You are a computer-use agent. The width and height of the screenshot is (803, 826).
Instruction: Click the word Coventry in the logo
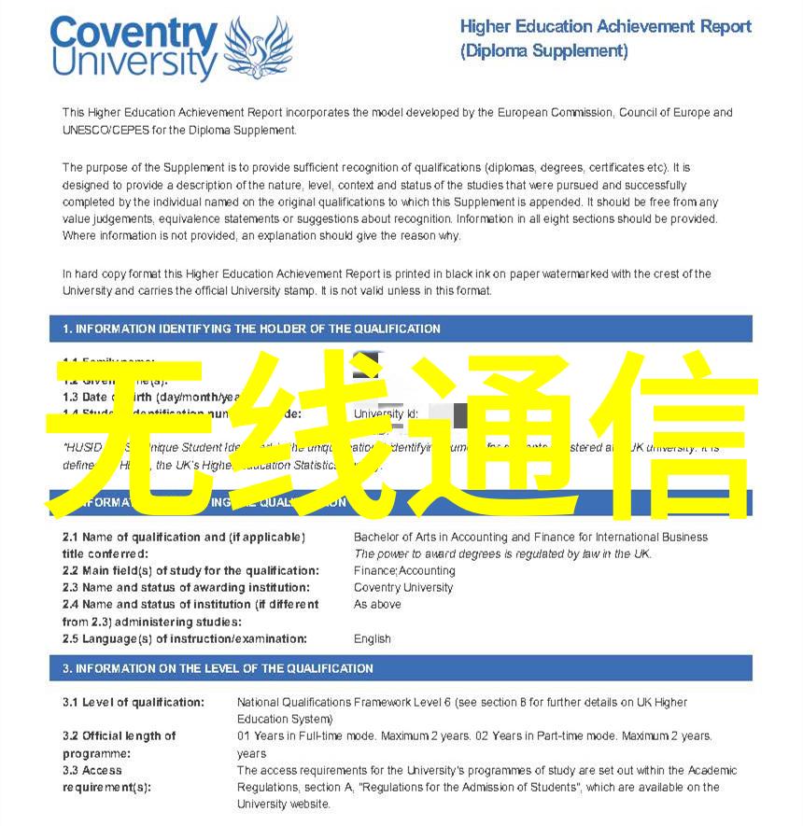click(x=134, y=35)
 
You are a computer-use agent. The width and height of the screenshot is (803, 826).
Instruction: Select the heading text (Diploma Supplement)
click(x=543, y=51)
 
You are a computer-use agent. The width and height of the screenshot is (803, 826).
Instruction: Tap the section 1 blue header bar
click(x=401, y=329)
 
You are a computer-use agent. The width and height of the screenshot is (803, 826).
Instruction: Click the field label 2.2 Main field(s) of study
click(x=190, y=570)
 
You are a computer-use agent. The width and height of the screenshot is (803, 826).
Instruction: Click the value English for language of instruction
click(x=373, y=639)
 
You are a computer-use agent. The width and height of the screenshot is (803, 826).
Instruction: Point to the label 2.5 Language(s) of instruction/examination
click(x=184, y=639)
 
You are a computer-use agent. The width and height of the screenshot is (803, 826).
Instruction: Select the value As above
click(x=377, y=605)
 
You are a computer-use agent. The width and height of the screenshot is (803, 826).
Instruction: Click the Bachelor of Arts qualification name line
click(x=530, y=537)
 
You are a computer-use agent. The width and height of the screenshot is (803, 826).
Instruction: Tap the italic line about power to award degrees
click(x=502, y=553)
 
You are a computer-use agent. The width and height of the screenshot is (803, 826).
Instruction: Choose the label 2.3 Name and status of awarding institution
click(x=186, y=588)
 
